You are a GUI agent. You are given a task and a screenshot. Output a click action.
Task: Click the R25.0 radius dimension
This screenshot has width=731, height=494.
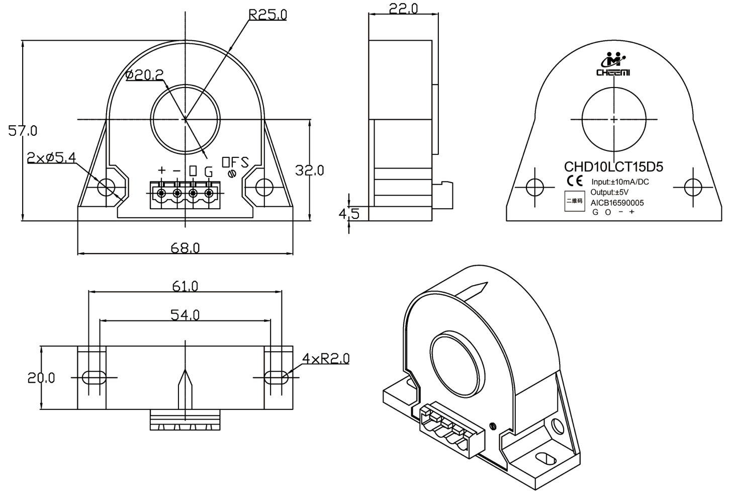tap(268, 15)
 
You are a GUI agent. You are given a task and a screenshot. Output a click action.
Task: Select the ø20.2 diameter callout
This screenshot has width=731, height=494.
tap(144, 75)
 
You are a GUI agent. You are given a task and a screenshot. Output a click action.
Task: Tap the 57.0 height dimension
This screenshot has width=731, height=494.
tap(23, 131)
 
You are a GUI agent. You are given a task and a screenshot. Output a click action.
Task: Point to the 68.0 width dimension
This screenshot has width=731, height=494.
tap(185, 248)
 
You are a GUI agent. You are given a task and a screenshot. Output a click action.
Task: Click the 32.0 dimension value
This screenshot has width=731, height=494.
tap(309, 171)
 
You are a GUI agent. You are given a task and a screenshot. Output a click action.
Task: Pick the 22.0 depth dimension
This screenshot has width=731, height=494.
tap(403, 9)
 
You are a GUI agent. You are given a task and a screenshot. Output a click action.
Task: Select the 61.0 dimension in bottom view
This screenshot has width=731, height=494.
tap(185, 286)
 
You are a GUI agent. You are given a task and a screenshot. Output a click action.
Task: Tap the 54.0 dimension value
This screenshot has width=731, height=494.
tap(185, 315)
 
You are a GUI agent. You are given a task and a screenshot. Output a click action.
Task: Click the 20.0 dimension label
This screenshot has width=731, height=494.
tap(41, 378)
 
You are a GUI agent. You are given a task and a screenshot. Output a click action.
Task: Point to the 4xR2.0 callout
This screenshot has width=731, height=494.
tap(326, 359)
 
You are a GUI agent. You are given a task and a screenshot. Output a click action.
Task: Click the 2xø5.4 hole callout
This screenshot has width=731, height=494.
tap(51, 157)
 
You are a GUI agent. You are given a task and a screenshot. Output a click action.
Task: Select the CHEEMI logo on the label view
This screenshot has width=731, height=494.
tap(613, 64)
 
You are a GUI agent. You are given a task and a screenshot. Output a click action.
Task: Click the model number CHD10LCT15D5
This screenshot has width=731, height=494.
tap(613, 167)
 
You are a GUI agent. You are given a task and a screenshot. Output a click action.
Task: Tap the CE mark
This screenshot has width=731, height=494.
tap(575, 181)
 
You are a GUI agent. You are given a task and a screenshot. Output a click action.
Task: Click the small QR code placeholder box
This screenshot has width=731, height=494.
tap(574, 201)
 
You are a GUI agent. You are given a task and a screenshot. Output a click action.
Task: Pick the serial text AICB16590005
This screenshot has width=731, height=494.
tap(617, 203)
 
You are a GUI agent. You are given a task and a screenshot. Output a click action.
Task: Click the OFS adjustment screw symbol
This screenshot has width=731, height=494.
tap(232, 174)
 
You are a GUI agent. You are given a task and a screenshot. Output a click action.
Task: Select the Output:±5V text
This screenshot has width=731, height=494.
tap(609, 192)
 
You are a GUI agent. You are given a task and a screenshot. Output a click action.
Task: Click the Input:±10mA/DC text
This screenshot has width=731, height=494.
tap(620, 182)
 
